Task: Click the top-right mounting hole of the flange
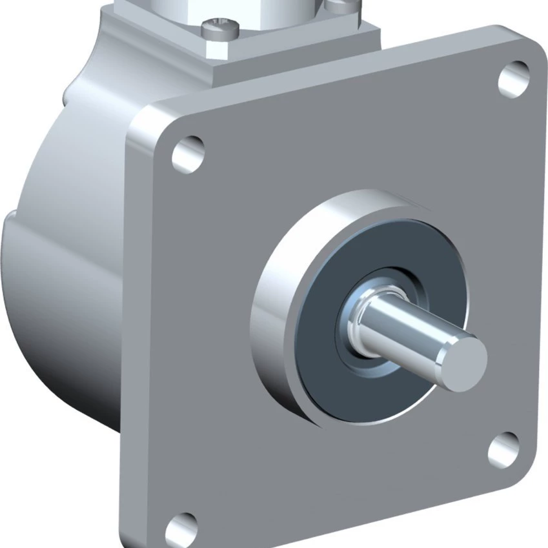(514, 79)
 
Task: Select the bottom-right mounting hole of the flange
(503, 449)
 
